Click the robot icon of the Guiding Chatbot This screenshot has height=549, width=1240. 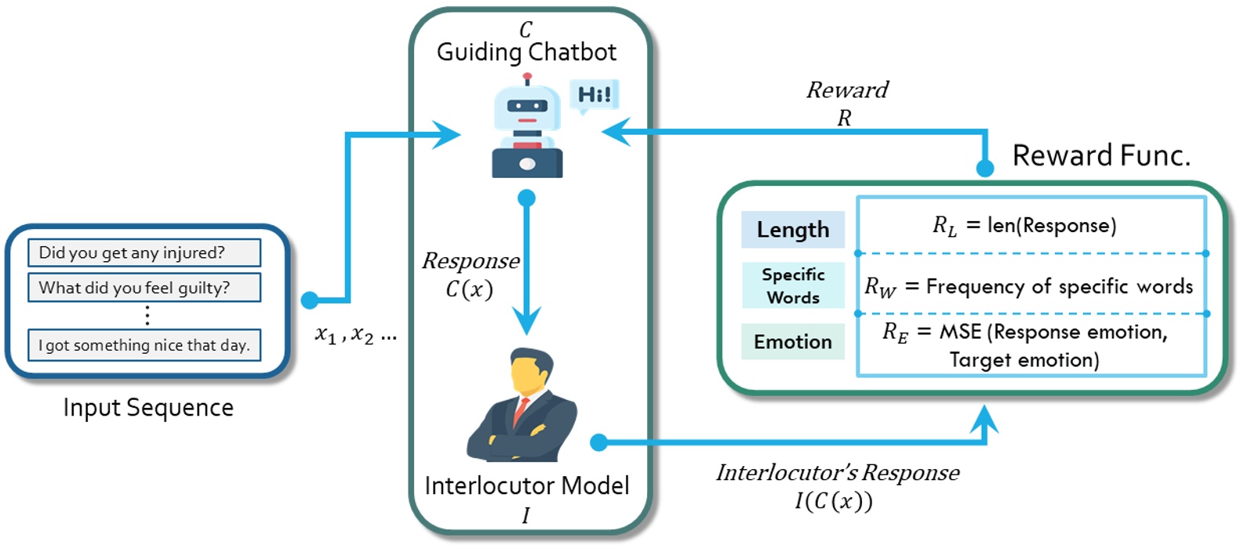pyautogui.click(x=527, y=129)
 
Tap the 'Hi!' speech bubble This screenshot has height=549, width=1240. pyautogui.click(x=594, y=95)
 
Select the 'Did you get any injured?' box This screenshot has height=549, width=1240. pyautogui.click(x=144, y=253)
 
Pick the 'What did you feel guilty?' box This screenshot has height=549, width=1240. pyautogui.click(x=144, y=288)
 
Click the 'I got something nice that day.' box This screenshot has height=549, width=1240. pyautogui.click(x=144, y=345)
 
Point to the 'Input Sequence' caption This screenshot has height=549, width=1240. pyautogui.click(x=148, y=408)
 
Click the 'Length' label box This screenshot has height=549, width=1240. pyautogui.click(x=793, y=230)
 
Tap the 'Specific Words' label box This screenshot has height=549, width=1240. pyautogui.click(x=793, y=285)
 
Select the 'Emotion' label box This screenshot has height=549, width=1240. pyautogui.click(x=793, y=342)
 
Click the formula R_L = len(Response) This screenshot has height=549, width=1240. pyautogui.click(x=1024, y=226)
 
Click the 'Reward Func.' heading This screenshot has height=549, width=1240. pyautogui.click(x=1101, y=155)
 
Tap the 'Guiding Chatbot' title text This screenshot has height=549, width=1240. pyautogui.click(x=526, y=53)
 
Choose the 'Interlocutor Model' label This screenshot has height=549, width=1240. pyautogui.click(x=526, y=485)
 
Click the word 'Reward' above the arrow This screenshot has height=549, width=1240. pyautogui.click(x=847, y=90)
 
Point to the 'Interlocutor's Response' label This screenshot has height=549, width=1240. pyautogui.click(x=838, y=473)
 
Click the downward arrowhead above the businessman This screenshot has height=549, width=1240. pyautogui.click(x=526, y=320)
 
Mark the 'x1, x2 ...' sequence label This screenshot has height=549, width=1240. pyautogui.click(x=355, y=335)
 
